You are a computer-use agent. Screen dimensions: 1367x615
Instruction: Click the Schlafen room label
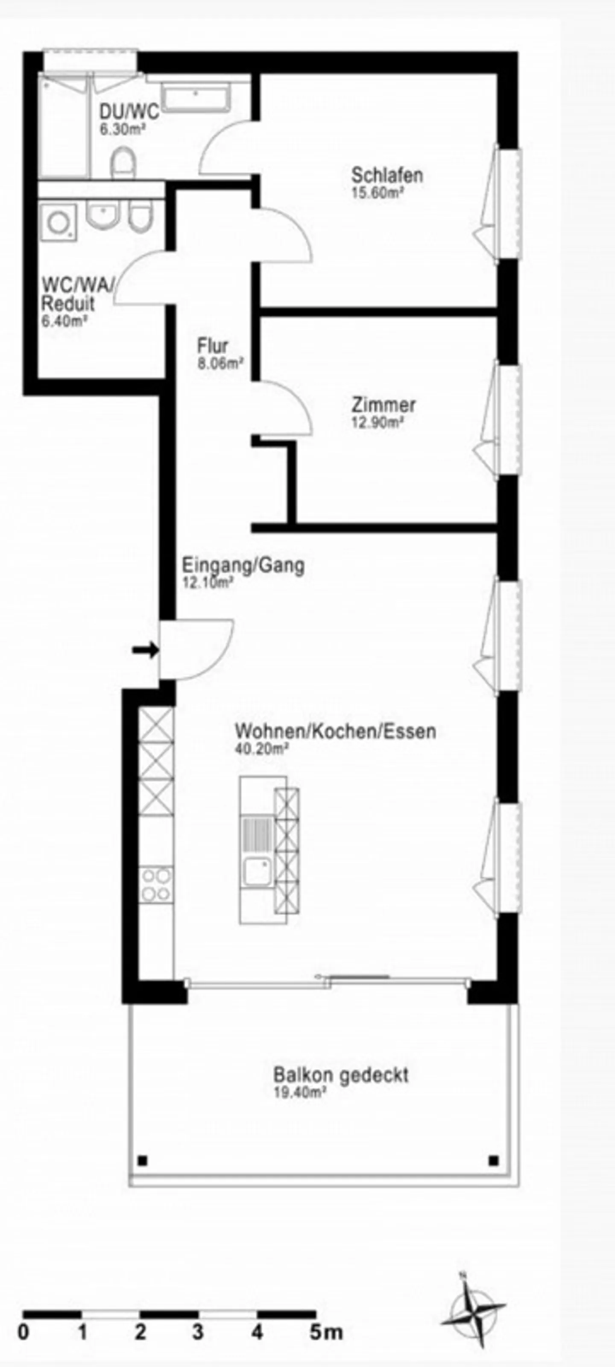point(387,175)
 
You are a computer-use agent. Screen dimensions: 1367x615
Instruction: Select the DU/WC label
point(129,112)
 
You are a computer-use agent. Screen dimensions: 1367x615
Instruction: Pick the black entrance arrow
point(145,649)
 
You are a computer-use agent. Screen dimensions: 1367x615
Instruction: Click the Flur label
point(213,346)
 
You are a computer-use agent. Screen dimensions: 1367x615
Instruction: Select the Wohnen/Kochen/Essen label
point(335,731)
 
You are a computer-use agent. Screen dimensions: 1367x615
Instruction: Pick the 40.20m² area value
point(262,749)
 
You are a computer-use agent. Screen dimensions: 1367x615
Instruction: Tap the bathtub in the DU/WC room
point(196,99)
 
